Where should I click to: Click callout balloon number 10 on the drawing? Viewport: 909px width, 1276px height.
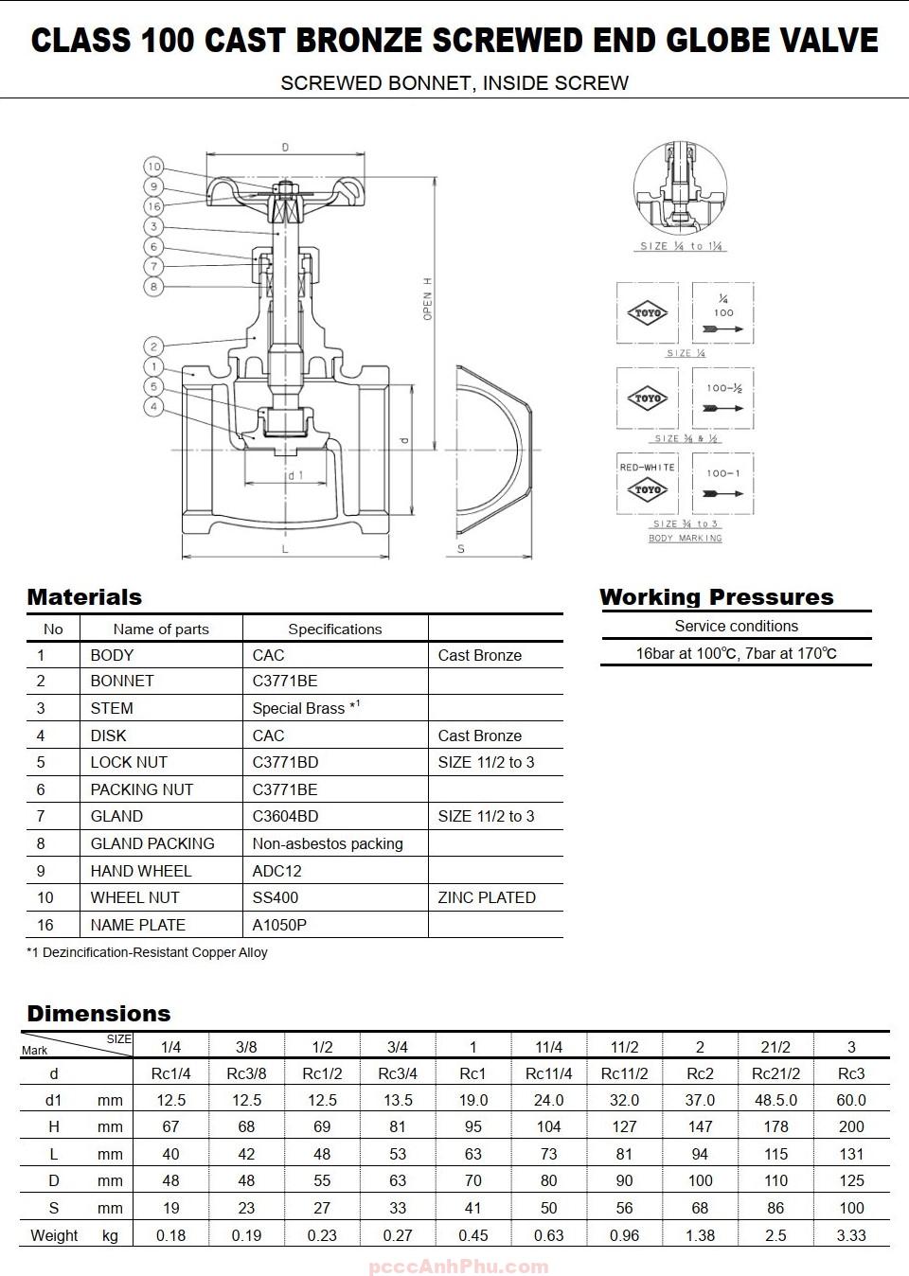pyautogui.click(x=153, y=167)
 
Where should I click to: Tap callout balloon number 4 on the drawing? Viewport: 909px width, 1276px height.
pyautogui.click(x=153, y=407)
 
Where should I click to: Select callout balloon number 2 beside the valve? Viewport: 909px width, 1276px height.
pyautogui.click(x=153, y=346)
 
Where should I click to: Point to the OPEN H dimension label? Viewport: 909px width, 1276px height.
pyautogui.click(x=427, y=299)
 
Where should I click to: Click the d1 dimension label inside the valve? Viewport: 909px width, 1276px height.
pyautogui.click(x=295, y=475)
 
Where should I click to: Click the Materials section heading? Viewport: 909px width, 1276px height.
pyautogui.click(x=84, y=597)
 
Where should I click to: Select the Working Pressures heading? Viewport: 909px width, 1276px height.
pyautogui.click(x=716, y=597)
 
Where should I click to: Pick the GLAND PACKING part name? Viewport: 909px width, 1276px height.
pyautogui.click(x=151, y=843)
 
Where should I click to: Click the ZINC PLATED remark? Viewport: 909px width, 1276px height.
pyautogui.click(x=486, y=897)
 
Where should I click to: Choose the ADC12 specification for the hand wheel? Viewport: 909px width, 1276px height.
pyautogui.click(x=276, y=871)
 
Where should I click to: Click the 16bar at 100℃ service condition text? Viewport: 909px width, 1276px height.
pyautogui.click(x=736, y=653)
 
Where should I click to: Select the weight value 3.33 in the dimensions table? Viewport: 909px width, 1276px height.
pyautogui.click(x=850, y=1235)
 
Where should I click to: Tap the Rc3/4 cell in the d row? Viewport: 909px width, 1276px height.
pyautogui.click(x=398, y=1073)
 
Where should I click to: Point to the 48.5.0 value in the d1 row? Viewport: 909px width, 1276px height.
pyautogui.click(x=775, y=1100)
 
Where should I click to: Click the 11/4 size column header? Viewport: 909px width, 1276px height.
pyautogui.click(x=548, y=1047)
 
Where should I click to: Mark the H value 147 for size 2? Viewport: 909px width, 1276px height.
pyautogui.click(x=700, y=1126)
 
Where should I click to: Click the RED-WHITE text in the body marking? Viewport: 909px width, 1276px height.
pyautogui.click(x=648, y=468)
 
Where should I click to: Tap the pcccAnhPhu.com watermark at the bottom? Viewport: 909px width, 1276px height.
pyautogui.click(x=457, y=1267)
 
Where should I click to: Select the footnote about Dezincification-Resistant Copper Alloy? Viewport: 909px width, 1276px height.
pyautogui.click(x=147, y=952)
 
